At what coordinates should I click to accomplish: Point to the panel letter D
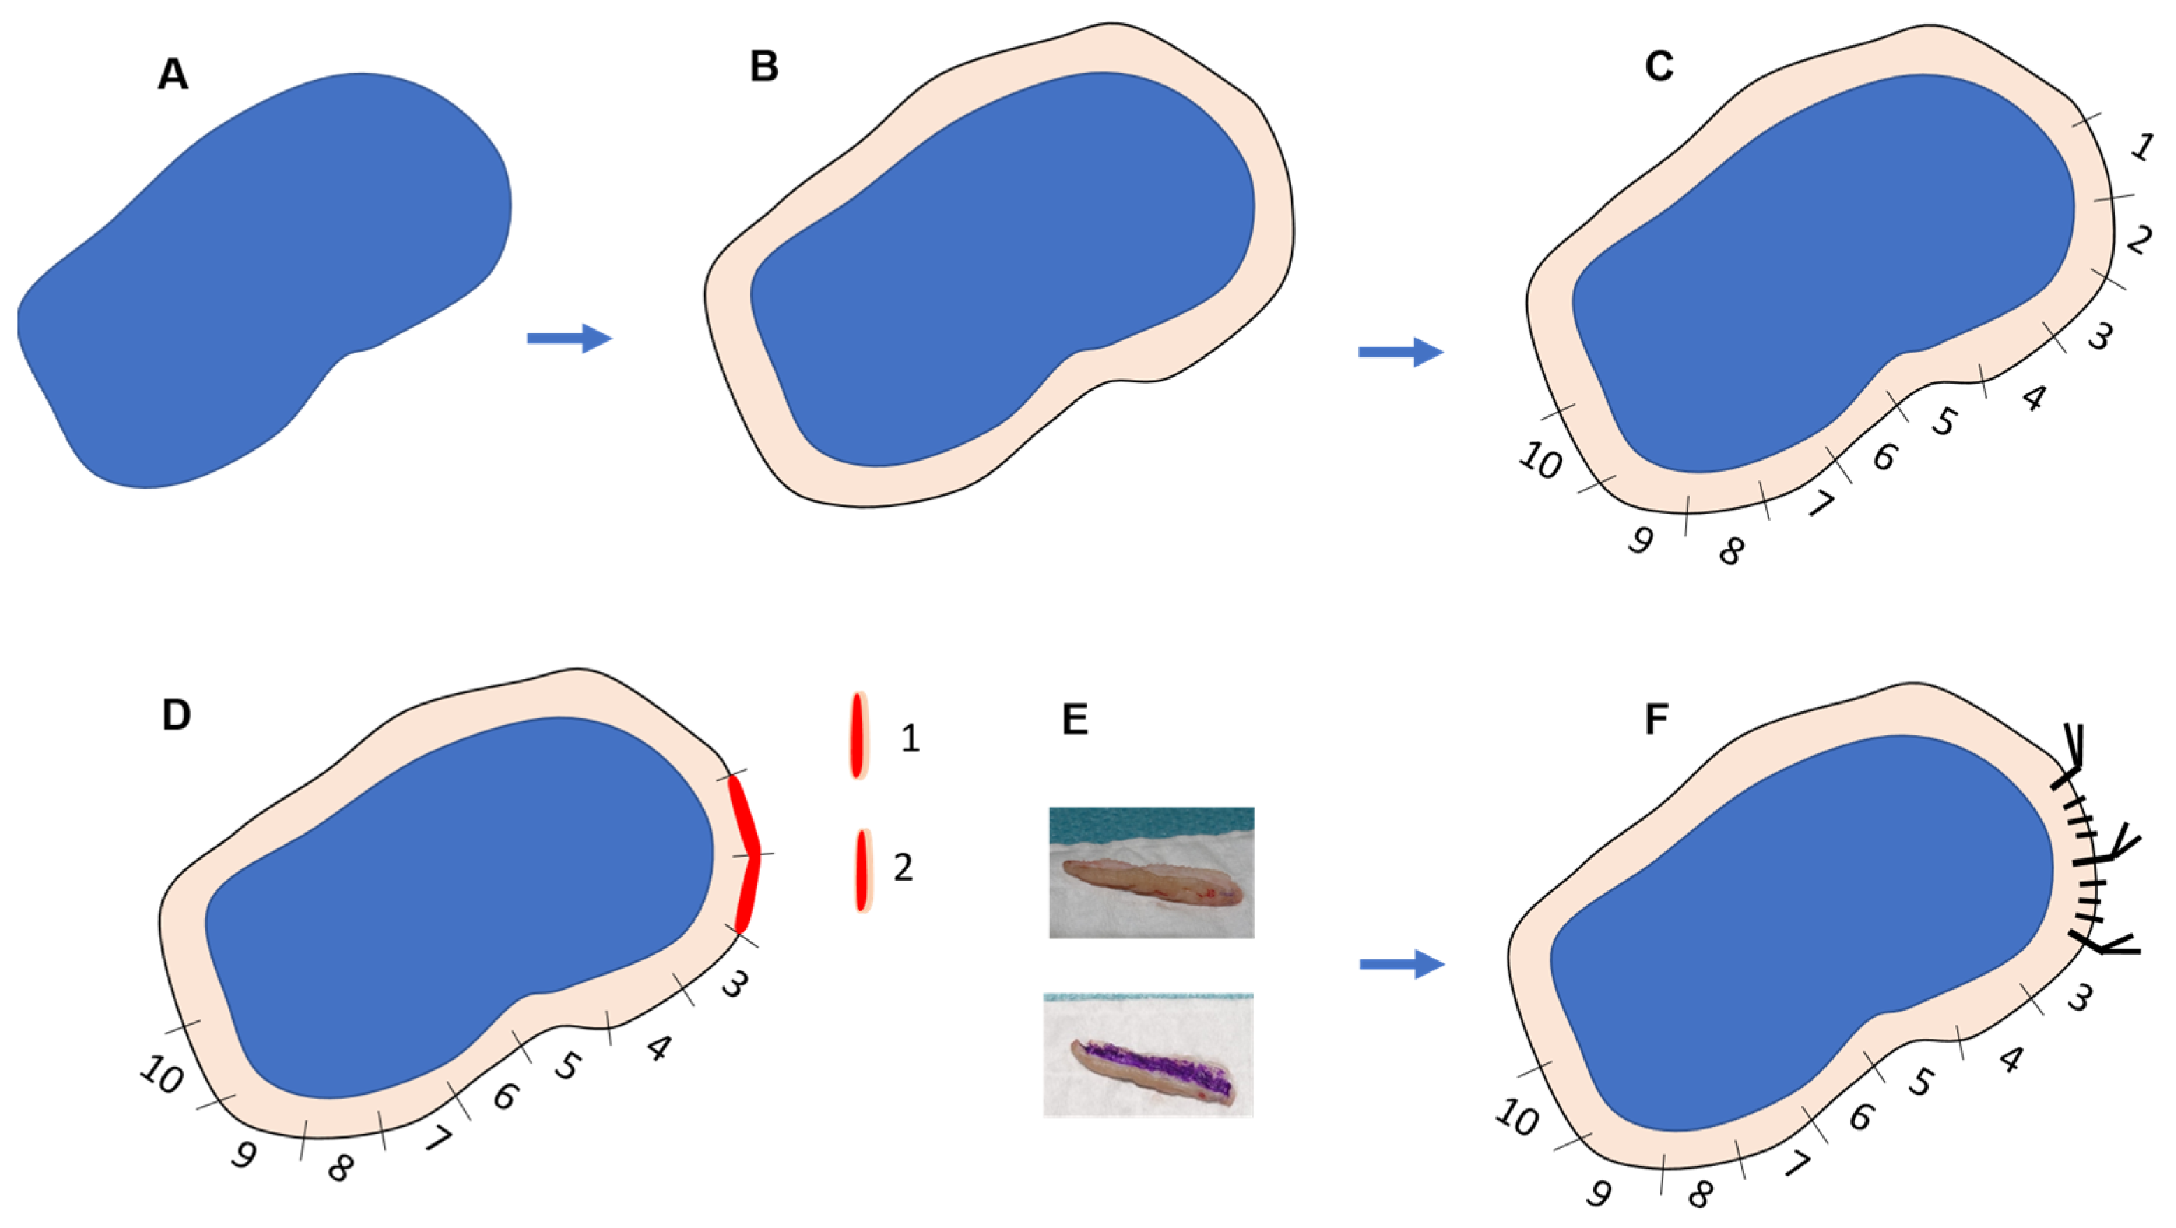tap(175, 715)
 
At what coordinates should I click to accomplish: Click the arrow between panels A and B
tap(569, 338)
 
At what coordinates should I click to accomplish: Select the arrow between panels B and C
tap(1400, 352)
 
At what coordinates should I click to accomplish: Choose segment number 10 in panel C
tap(1540, 461)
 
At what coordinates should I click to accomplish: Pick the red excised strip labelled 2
tap(861, 869)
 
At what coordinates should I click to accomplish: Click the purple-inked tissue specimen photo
tap(1148, 1055)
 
